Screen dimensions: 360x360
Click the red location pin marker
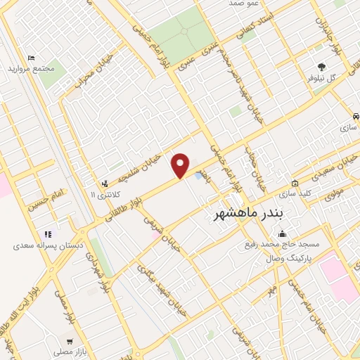(x=181, y=165)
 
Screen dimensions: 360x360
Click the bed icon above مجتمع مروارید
(x=30, y=58)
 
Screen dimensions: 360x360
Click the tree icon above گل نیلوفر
(x=322, y=67)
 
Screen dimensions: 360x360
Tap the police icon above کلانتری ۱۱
(x=105, y=182)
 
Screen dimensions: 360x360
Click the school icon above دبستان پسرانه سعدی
(x=47, y=234)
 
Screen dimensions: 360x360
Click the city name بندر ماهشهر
(x=243, y=212)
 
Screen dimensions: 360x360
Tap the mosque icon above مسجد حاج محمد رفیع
(x=282, y=234)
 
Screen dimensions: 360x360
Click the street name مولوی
(x=332, y=190)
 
